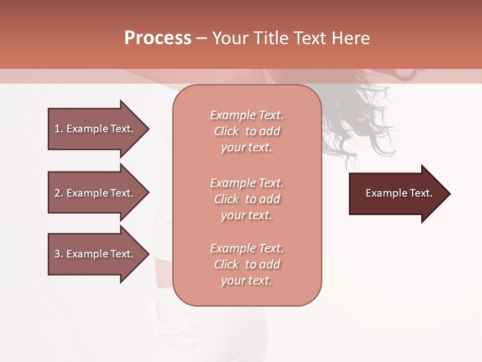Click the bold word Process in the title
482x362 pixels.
158,38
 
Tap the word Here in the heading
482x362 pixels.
350,38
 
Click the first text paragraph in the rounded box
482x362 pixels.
247,131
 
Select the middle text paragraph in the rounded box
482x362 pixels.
247,199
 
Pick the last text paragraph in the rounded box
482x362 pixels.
247,264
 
